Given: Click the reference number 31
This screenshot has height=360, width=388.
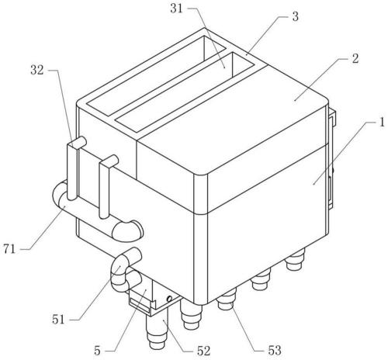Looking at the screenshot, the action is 176,9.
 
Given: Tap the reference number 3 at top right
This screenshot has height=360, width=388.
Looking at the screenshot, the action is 295,16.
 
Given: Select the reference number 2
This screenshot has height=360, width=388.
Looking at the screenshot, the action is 355,59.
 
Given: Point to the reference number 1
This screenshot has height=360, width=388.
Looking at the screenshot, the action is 382,123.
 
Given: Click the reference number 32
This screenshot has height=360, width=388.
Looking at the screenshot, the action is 37,70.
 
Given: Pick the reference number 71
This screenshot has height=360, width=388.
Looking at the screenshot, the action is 10,249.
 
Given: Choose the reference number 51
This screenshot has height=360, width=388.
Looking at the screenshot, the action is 58,320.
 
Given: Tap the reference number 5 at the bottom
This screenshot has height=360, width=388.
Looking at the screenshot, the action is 97,351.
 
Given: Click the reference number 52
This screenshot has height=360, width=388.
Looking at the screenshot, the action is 203,351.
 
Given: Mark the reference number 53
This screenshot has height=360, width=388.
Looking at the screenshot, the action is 275,350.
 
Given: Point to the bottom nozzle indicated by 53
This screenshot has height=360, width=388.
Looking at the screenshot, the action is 227,299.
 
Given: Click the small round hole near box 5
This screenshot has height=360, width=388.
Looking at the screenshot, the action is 169,299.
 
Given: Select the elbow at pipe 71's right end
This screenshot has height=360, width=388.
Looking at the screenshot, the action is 128,230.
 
